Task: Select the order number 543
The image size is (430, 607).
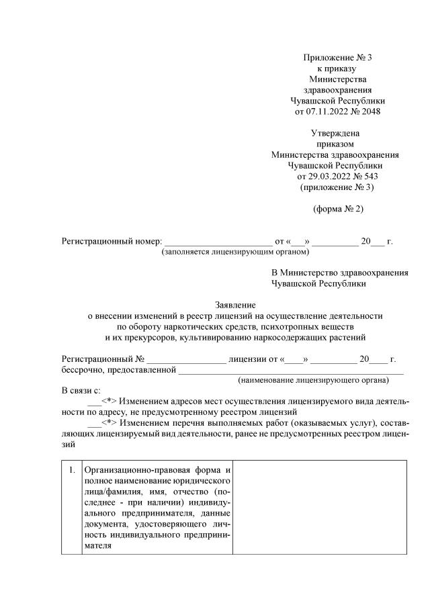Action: click(x=370, y=176)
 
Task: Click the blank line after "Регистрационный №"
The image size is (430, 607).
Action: click(x=186, y=359)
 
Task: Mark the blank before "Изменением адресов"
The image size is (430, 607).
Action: click(x=94, y=401)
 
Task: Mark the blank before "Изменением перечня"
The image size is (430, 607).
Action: click(x=94, y=422)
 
